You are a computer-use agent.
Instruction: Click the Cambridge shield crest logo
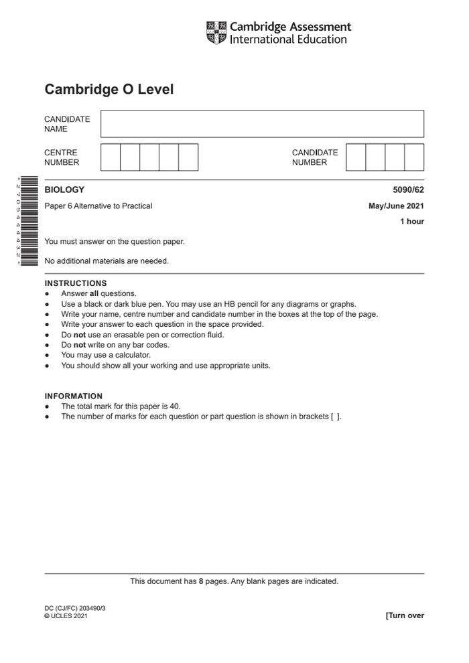pos(216,33)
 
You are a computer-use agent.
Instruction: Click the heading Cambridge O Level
pos(109,89)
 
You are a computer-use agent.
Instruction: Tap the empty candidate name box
pos(262,124)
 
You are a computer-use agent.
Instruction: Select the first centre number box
pos(111,157)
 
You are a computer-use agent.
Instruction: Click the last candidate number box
pos(414,157)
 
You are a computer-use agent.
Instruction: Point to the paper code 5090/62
pos(408,190)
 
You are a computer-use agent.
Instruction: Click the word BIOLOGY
pos(64,190)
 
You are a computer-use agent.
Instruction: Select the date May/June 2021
pos(396,206)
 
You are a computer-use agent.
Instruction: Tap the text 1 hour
pos(412,222)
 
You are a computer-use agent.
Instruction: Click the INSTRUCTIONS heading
pos(76,283)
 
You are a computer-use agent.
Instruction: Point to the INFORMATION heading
pos(74,396)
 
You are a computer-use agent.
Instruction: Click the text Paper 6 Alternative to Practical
pos(98,206)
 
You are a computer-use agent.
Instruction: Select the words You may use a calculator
pos(106,355)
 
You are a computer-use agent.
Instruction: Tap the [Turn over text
pos(405,615)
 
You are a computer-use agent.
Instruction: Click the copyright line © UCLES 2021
pos(66,616)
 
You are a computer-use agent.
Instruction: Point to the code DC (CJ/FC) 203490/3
pos(75,608)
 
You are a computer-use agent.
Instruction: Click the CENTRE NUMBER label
pos(62,157)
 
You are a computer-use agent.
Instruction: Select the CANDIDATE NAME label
pos(67,124)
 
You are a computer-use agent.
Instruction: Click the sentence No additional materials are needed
pos(107,261)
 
